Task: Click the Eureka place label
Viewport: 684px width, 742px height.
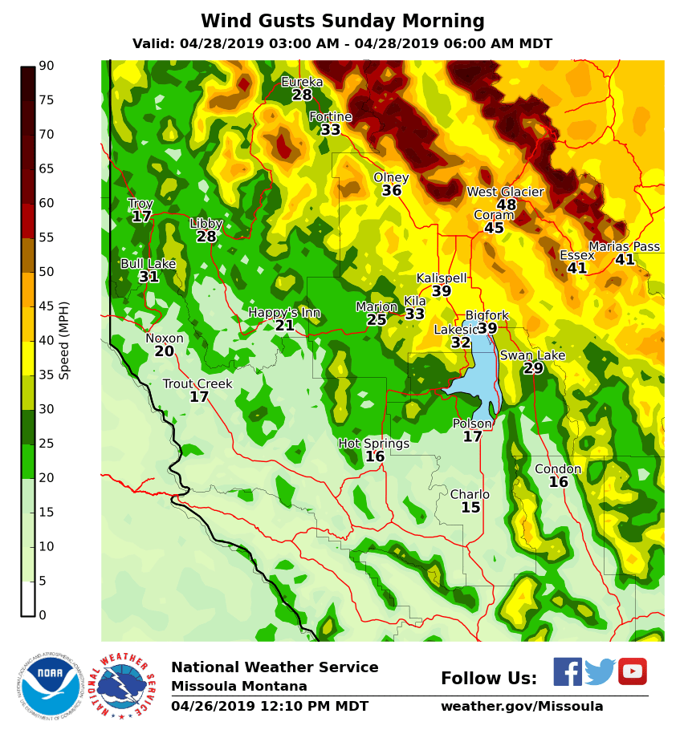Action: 302,82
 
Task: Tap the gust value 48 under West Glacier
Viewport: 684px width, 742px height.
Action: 506,205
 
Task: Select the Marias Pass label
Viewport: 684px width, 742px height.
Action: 624,247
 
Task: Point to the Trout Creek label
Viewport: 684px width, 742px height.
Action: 197,384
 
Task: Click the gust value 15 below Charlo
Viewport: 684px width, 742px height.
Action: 470,508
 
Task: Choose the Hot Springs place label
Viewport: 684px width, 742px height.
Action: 373,444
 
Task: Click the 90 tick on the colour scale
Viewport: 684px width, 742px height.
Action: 46,66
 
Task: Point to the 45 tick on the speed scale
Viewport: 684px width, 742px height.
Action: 46,306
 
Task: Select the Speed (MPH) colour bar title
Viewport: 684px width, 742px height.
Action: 64,340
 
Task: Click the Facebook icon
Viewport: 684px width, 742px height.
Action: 568,671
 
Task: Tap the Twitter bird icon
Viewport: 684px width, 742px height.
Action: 600,672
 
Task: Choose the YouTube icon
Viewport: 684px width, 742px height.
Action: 633,671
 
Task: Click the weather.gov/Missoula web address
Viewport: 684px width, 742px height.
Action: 522,707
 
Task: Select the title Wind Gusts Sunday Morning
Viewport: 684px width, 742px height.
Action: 343,22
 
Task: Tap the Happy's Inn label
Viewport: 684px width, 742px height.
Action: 284,313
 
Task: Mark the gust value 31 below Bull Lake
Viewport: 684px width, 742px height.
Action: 149,277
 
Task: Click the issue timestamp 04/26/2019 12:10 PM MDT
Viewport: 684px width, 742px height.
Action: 270,707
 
